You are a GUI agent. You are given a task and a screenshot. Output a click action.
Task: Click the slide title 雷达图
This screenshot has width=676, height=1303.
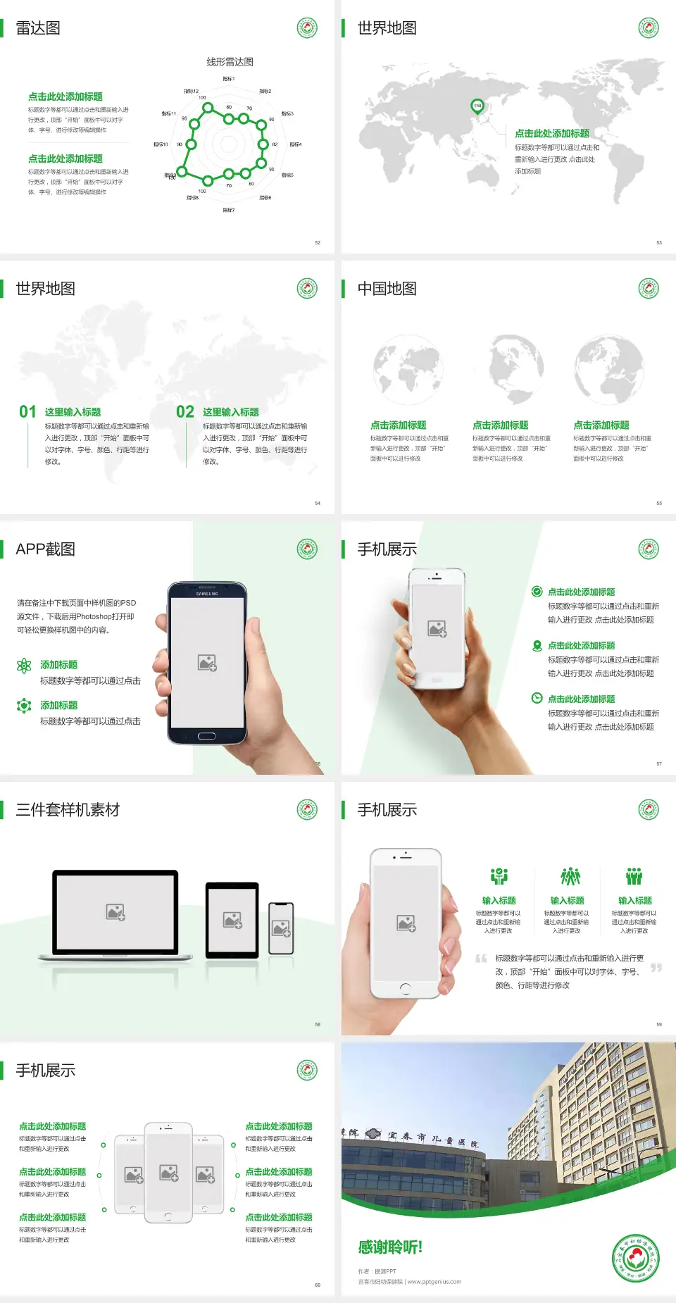(38, 28)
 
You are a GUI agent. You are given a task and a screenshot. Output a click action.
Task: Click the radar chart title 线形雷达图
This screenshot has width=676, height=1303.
(230, 62)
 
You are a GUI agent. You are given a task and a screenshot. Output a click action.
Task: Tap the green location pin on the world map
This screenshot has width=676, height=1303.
(477, 106)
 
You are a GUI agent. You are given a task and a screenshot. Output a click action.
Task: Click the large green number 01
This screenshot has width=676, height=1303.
(27, 412)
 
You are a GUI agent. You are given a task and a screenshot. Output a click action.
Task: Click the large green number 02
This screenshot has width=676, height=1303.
(185, 412)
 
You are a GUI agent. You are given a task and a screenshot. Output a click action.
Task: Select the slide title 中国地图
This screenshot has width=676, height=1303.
(387, 289)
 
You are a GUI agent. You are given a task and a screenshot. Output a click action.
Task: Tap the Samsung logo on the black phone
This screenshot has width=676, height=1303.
(207, 594)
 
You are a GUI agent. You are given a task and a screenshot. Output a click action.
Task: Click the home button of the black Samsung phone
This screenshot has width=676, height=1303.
(206, 736)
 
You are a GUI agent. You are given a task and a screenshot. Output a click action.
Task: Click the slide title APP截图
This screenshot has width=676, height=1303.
(46, 549)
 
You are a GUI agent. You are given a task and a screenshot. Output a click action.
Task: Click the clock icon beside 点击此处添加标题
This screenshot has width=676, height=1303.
(537, 698)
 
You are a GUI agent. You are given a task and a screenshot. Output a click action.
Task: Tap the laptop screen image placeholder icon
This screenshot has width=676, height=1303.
(115, 912)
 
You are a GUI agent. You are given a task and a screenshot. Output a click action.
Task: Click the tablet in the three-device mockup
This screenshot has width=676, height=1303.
(232, 919)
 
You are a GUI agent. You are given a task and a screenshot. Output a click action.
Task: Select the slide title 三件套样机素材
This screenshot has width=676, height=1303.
(68, 810)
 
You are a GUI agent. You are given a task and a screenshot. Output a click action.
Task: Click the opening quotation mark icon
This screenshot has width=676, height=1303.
(481, 959)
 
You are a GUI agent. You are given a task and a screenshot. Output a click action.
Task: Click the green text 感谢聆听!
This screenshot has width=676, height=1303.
(390, 1247)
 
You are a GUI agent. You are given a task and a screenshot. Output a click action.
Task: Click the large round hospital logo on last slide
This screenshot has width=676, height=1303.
(636, 1258)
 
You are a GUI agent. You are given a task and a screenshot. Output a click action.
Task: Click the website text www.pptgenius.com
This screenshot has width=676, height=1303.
(434, 1282)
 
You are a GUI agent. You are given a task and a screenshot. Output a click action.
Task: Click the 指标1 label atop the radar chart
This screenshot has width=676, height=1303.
(228, 79)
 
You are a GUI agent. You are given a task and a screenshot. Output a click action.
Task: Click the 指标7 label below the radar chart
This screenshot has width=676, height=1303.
(228, 210)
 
